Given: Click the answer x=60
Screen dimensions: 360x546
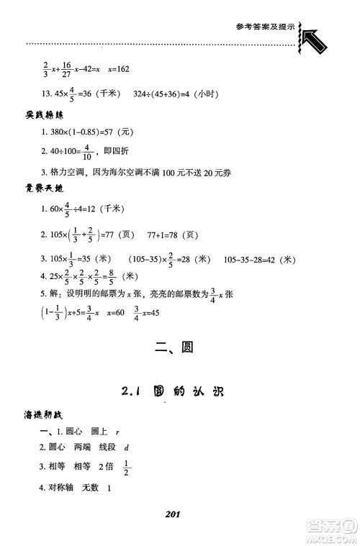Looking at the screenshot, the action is (x=117, y=314).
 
